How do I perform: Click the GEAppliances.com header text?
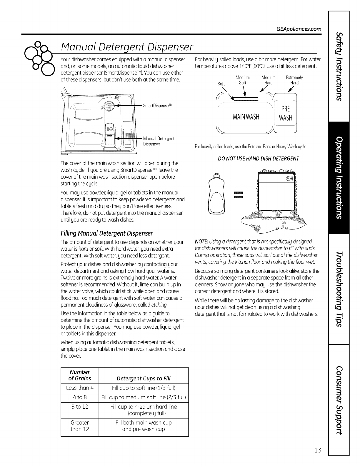click(299, 29)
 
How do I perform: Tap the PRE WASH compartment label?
click(286, 113)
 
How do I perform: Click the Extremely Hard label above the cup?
click(294, 80)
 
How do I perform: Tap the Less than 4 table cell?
click(80, 388)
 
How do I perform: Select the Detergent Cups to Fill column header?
click(144, 378)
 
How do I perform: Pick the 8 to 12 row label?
click(80, 407)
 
